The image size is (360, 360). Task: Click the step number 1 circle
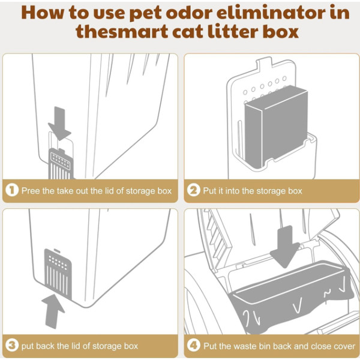[x=12, y=191]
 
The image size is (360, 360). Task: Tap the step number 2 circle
[x=194, y=191]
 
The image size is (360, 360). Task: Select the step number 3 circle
[x=12, y=346]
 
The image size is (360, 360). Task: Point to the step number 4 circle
[x=194, y=346]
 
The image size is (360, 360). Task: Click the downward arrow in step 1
[x=59, y=124]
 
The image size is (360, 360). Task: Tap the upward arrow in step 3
[x=53, y=311]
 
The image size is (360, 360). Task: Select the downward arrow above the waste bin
[x=285, y=247]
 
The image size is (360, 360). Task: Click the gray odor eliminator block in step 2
[x=276, y=126]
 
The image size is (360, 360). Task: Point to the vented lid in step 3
[x=58, y=274]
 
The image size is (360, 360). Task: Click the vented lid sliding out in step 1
[x=61, y=164]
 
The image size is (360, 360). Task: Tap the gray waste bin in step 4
[x=292, y=296]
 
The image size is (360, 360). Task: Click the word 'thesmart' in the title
[x=122, y=31]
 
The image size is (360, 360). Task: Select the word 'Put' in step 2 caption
[x=209, y=191]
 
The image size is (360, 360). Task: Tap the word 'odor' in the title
[x=189, y=13]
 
